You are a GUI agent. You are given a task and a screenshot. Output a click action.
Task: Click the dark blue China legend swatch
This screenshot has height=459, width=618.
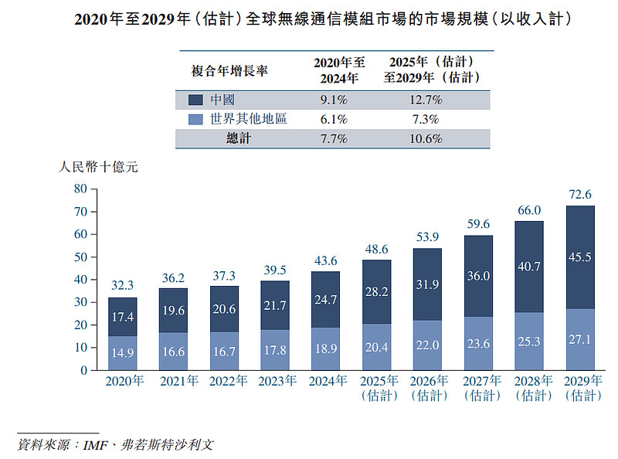click(196, 100)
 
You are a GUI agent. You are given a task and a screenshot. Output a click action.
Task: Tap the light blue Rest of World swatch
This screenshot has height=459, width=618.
click(196, 119)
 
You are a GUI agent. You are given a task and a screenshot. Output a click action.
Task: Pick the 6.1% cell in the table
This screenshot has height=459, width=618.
click(334, 119)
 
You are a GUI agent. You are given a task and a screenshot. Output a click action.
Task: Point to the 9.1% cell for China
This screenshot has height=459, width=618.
click(334, 100)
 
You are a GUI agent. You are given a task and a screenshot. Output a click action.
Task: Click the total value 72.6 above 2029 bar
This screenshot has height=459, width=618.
click(579, 195)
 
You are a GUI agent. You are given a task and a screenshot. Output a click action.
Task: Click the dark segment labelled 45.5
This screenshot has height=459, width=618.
click(579, 257)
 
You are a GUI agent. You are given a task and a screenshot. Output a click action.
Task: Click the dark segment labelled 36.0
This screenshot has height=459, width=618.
click(478, 275)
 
